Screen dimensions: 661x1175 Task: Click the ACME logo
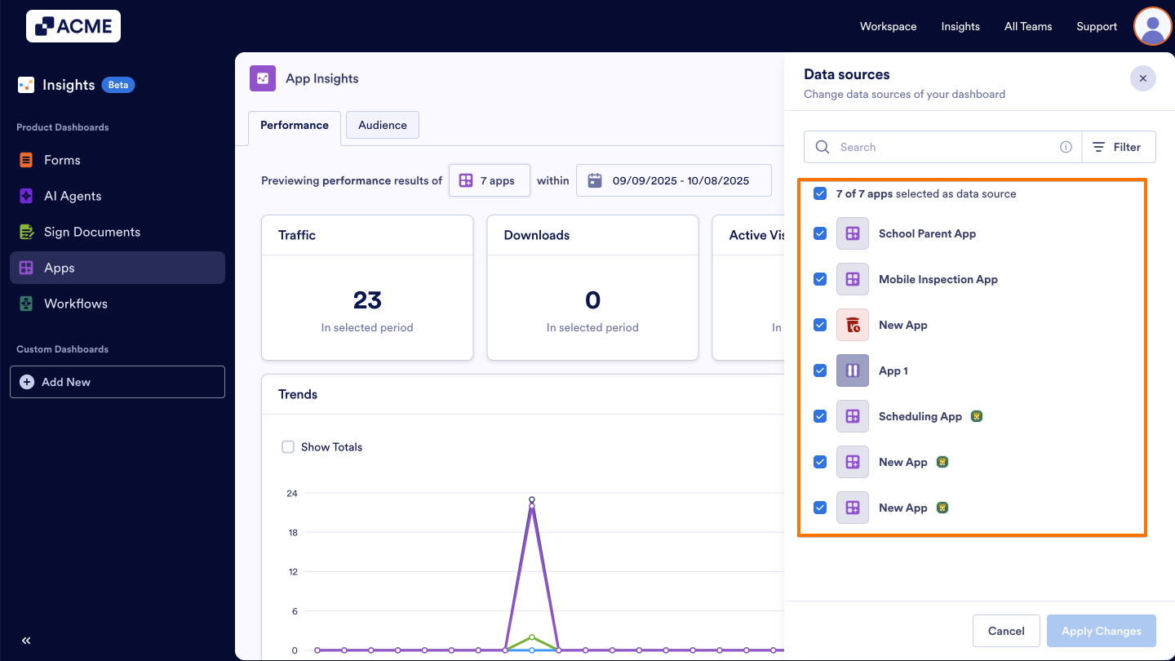(x=73, y=26)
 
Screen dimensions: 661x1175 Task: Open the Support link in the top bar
(x=1096, y=26)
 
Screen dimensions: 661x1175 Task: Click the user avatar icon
(x=1152, y=26)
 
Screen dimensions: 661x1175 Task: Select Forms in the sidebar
(x=62, y=160)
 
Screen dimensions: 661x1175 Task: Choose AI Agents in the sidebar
(x=73, y=196)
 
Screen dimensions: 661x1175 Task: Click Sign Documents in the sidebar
(x=91, y=232)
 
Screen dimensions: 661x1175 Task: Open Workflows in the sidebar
(x=75, y=304)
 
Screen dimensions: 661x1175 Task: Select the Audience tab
(x=382, y=125)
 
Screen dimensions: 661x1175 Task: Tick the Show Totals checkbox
(x=288, y=446)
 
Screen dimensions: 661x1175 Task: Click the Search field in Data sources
(x=942, y=147)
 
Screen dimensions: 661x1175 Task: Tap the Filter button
(x=1118, y=147)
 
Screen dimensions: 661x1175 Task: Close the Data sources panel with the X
(x=1142, y=78)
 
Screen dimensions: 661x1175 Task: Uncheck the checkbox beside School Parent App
(x=820, y=233)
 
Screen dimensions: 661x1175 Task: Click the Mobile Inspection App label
(x=938, y=279)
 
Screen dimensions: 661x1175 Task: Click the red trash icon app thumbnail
(x=853, y=325)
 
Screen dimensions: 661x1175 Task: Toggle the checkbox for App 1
(x=820, y=370)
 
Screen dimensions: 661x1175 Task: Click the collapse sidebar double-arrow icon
(x=26, y=641)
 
